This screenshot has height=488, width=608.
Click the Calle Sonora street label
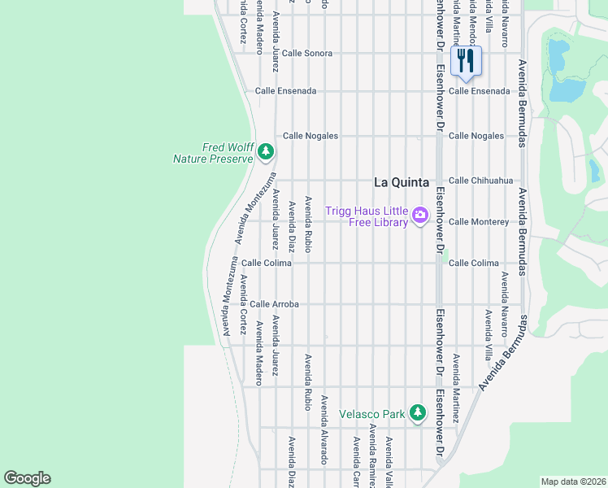click(307, 53)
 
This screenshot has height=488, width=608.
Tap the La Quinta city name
click(401, 182)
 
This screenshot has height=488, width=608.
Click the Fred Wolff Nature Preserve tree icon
click(265, 152)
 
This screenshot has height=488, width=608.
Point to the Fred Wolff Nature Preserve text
click(213, 153)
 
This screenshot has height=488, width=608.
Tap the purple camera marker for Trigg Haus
click(420, 216)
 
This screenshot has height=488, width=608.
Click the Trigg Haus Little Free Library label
click(366, 216)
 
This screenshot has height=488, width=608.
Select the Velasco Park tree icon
click(417, 413)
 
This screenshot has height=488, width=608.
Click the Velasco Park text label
click(371, 414)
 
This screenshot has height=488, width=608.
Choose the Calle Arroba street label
click(274, 304)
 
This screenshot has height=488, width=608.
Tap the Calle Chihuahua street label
click(481, 181)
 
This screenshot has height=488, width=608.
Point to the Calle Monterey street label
click(479, 221)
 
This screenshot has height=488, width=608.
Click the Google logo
click(27, 478)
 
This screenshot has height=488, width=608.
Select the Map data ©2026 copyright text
click(572, 481)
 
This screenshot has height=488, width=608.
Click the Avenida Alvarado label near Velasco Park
click(324, 429)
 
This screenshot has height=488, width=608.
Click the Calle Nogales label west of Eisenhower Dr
click(310, 136)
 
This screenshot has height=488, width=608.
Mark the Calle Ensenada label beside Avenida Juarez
click(285, 91)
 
